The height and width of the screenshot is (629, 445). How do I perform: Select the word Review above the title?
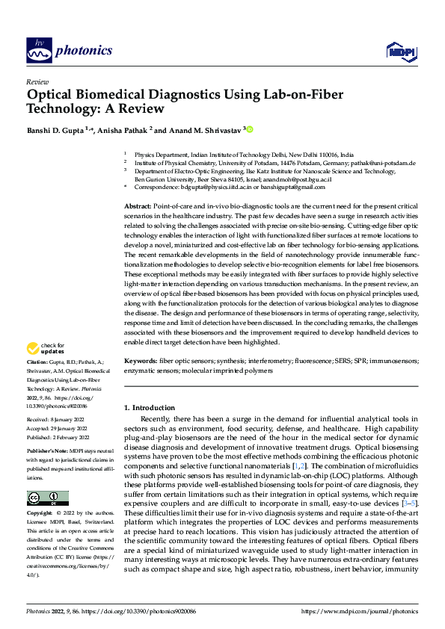[x=37, y=81]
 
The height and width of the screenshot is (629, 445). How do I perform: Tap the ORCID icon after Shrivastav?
[x=250, y=129]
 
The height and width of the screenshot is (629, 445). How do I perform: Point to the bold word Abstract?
[x=138, y=205]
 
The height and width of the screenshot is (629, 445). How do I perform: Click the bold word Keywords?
[x=140, y=360]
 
